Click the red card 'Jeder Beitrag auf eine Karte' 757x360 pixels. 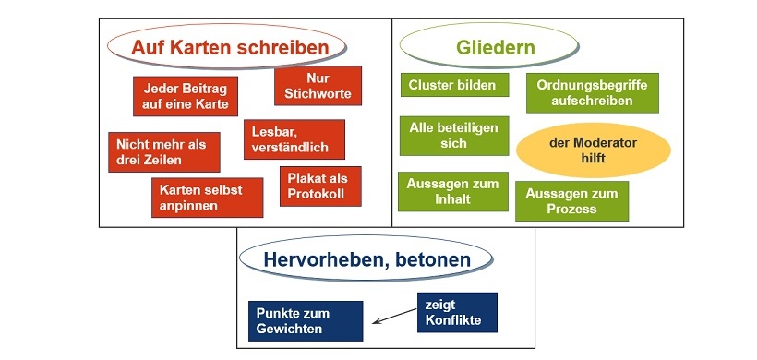[x=186, y=94]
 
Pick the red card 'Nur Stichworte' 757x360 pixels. [x=318, y=86]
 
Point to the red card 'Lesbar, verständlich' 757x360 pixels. [x=294, y=139]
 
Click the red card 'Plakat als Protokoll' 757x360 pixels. [x=319, y=186]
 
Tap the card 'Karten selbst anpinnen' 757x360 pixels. [x=200, y=198]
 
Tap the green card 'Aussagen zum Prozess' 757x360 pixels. [x=571, y=201]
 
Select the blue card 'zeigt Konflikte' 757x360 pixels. [x=456, y=312]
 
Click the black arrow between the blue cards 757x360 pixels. [x=394, y=317]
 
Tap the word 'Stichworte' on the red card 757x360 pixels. [x=318, y=94]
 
